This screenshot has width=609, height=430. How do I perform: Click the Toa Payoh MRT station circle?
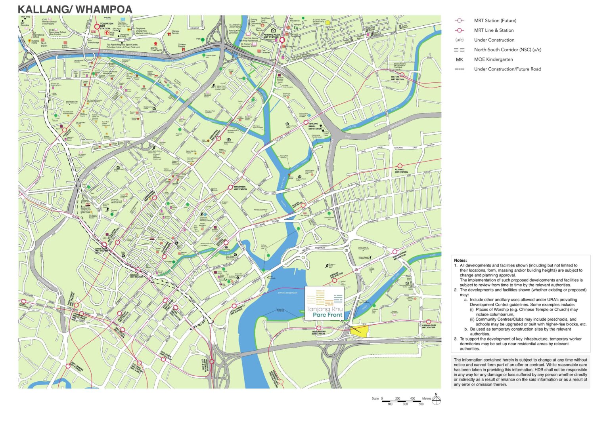[97, 27]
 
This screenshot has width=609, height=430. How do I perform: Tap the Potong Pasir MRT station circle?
[282, 40]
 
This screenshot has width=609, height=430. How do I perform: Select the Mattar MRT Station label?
[397, 78]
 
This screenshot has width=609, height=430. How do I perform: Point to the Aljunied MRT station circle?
[400, 166]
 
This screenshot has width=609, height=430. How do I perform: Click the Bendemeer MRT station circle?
[230, 187]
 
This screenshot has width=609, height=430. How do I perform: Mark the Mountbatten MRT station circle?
[395, 252]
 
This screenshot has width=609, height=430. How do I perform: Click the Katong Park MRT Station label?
[429, 326]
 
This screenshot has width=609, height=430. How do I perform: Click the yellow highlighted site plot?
[360, 331]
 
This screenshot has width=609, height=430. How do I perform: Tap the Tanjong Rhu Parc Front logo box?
[324, 303]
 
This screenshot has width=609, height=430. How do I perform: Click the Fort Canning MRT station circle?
[68, 366]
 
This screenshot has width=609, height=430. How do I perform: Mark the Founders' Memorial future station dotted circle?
[281, 382]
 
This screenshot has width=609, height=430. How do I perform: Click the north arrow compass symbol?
[436, 400]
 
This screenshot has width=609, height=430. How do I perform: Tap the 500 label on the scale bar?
[421, 404]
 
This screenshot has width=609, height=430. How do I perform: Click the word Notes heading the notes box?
[460, 261]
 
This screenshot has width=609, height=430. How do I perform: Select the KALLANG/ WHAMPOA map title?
[75, 9]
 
